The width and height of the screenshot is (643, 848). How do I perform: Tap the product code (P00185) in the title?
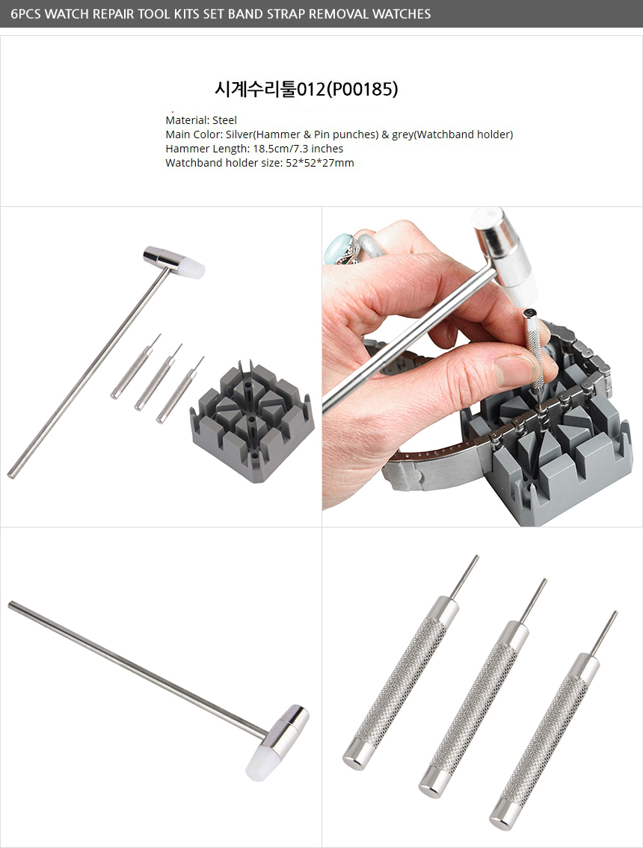[362, 89]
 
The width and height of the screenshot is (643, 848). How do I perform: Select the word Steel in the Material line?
[224, 120]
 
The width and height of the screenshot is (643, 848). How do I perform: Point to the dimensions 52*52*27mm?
[320, 163]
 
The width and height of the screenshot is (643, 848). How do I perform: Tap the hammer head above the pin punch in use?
[505, 254]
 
